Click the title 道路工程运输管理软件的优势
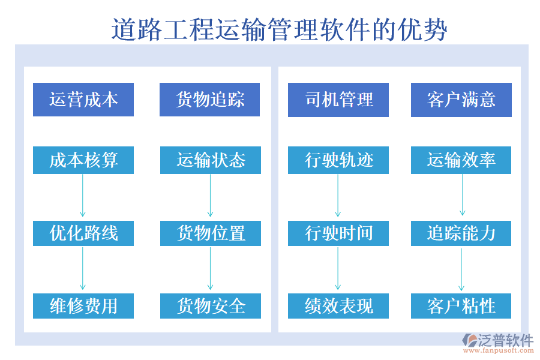(279, 29)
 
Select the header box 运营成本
(83, 100)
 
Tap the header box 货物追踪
(209, 100)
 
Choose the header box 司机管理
(338, 100)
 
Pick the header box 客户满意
(461, 100)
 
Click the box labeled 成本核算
(83, 160)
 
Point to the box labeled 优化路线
(83, 233)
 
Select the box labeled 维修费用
(83, 306)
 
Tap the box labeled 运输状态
(211, 160)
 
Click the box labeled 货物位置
(211, 233)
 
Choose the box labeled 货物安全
(211, 306)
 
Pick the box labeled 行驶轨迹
(338, 160)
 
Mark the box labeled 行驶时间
(338, 233)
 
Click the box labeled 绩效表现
(338, 306)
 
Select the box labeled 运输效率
(461, 160)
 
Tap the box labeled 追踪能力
(461, 233)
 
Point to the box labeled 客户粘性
(461, 306)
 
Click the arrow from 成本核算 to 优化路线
(83, 196)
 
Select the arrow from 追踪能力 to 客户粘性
(461, 269)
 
